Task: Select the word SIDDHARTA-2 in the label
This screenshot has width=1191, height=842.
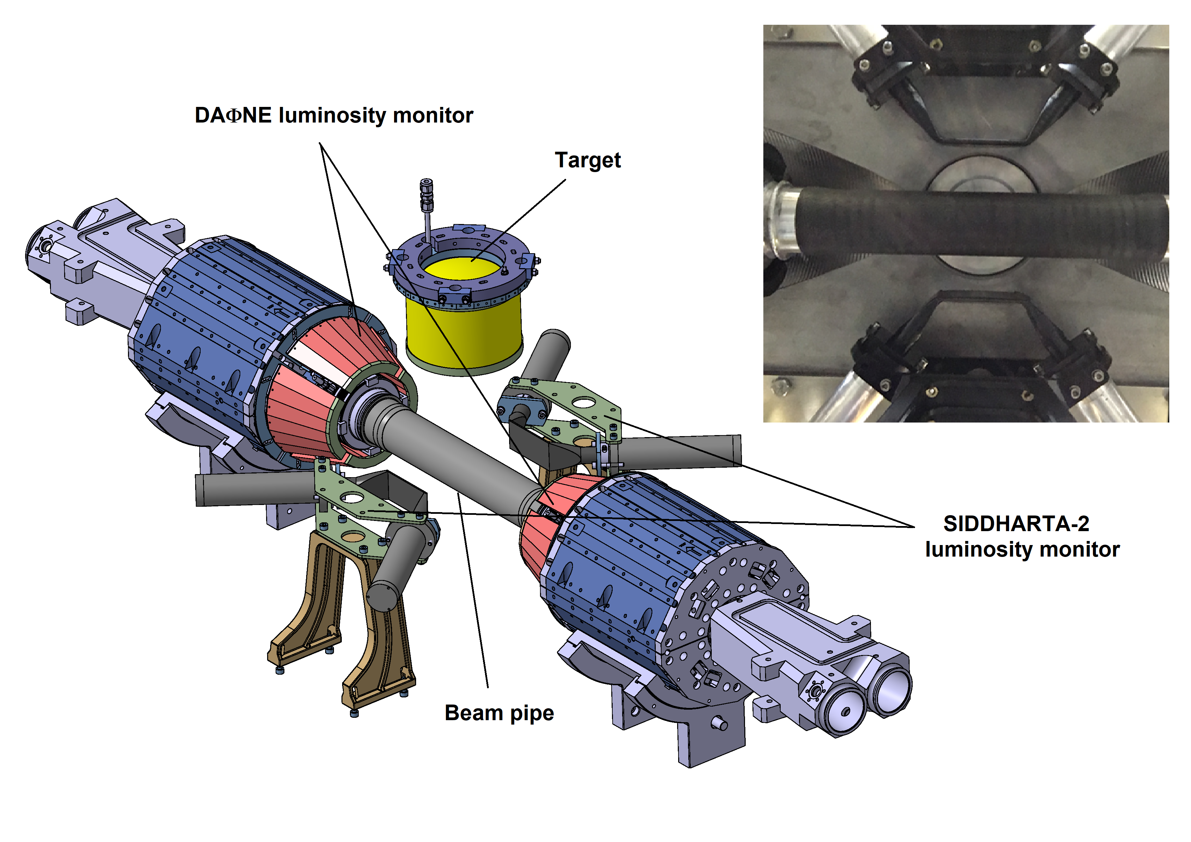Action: (x=1016, y=524)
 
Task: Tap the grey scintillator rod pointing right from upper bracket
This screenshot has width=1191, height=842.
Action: (x=685, y=450)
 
